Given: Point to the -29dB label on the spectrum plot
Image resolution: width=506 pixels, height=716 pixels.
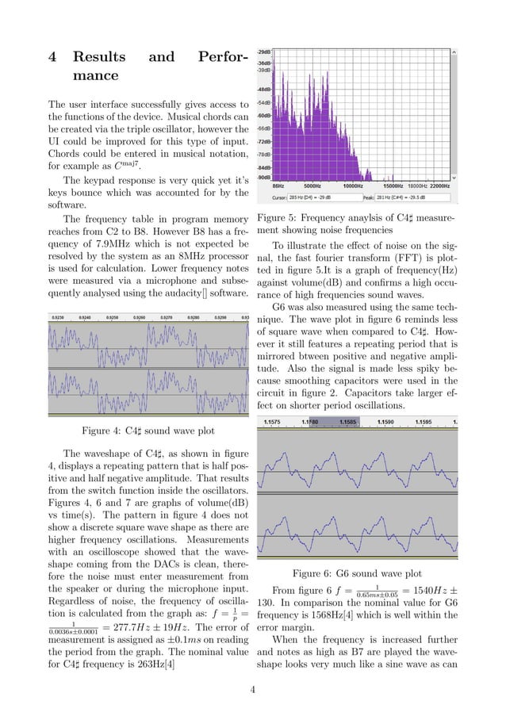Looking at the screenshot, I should click(x=264, y=51).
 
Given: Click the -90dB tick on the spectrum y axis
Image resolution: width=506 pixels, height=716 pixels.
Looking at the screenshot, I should click(x=264, y=178).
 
